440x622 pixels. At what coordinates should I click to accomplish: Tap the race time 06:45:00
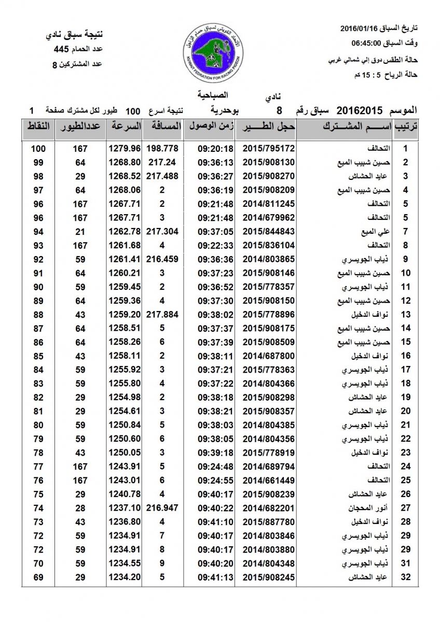click(368, 43)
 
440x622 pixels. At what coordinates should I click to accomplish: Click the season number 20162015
click(360, 110)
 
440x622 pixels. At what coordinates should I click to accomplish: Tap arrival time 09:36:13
click(215, 162)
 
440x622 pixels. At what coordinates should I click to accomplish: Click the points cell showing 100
click(38, 148)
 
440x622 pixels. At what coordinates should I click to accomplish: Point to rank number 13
click(406, 314)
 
